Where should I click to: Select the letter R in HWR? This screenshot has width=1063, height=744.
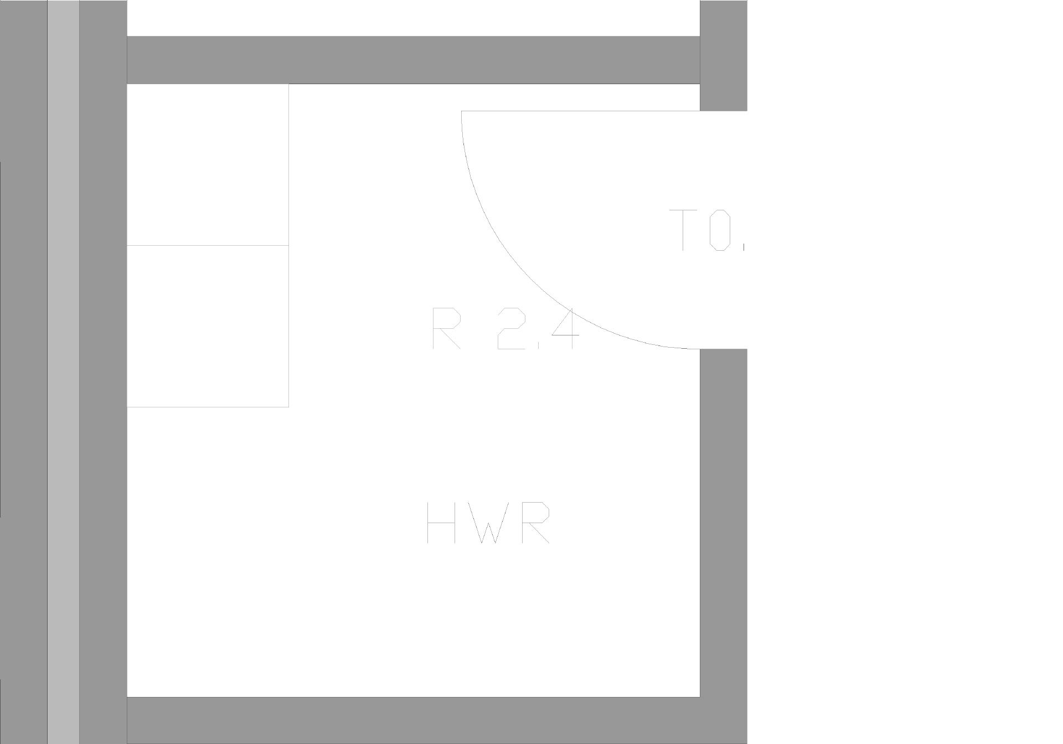[534, 523]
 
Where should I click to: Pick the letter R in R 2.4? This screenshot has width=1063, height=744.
[446, 329]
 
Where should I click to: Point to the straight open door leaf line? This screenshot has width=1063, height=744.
[581, 111]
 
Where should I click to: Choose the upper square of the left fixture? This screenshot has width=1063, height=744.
[208, 164]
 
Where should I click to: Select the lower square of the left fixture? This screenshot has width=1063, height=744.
[208, 326]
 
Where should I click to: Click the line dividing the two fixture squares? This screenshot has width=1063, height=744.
[208, 245]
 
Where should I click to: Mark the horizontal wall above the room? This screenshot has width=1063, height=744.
[413, 60]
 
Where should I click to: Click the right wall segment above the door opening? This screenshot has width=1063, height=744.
[724, 55]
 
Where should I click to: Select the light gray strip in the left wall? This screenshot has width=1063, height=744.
[63, 372]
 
